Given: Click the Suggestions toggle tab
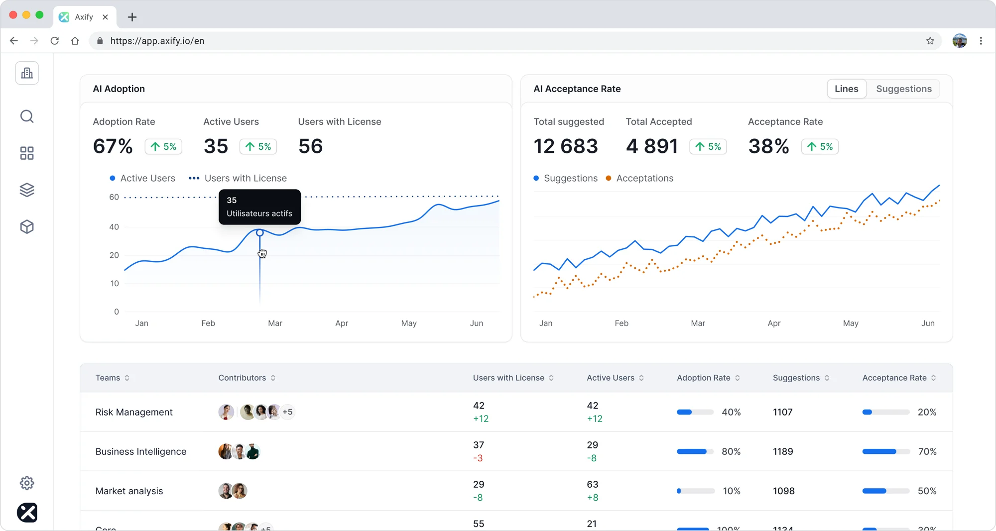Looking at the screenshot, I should [x=903, y=89].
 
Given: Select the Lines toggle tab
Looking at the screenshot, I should [x=846, y=89].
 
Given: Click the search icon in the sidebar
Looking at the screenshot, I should [x=27, y=116].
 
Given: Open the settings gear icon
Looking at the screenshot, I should [x=27, y=483].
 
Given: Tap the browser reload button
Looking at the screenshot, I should [x=55, y=41].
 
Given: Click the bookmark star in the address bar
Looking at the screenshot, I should [x=930, y=41].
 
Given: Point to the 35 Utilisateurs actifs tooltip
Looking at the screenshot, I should [x=259, y=207].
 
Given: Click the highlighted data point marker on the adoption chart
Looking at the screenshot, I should [x=259, y=232].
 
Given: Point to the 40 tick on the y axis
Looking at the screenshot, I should [x=114, y=227].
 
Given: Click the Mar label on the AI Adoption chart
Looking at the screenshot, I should [x=275, y=323].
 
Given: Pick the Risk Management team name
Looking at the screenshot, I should [x=134, y=412].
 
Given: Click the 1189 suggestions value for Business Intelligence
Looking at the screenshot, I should [x=783, y=451].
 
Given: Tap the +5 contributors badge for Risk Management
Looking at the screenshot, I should [x=287, y=412].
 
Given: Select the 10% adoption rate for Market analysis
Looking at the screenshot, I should [x=732, y=491].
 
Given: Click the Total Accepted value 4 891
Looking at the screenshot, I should [x=651, y=146].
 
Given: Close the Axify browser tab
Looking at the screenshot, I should [x=105, y=17].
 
